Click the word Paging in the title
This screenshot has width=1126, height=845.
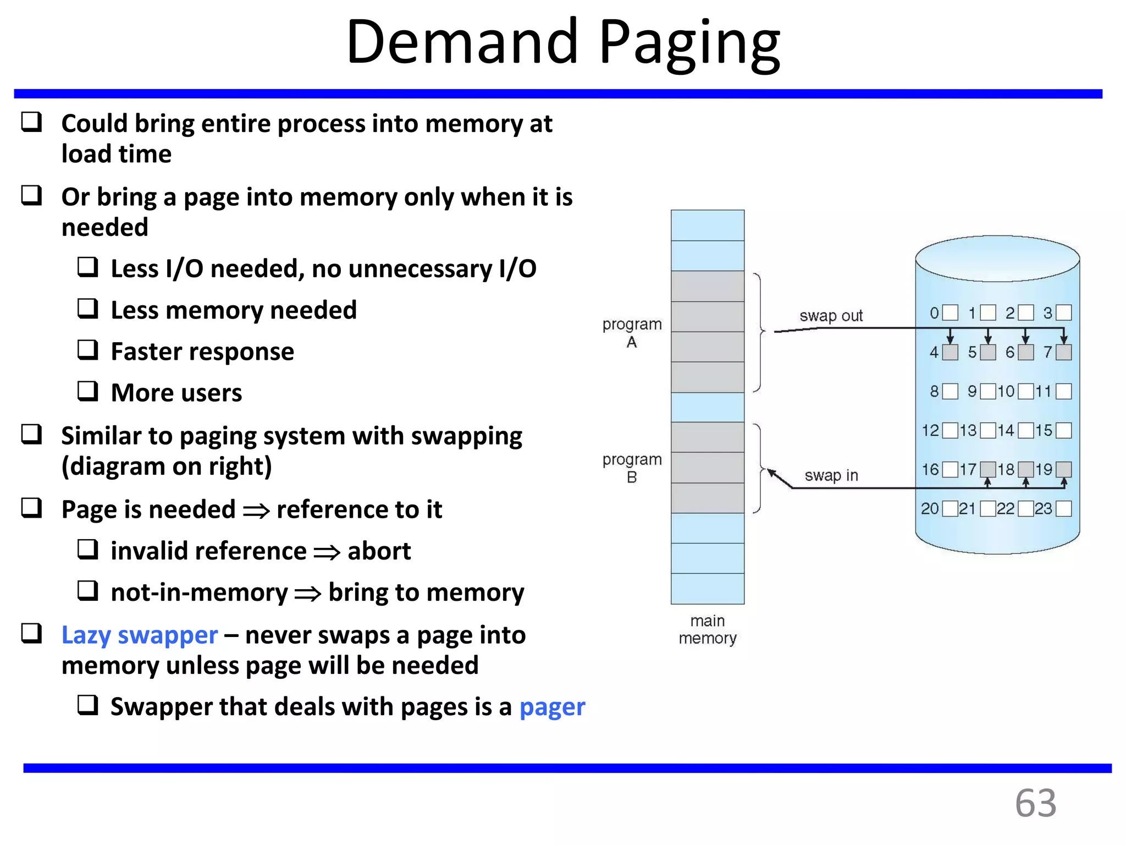(689, 44)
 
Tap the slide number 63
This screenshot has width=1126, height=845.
(1035, 803)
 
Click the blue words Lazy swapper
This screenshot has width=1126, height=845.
(140, 635)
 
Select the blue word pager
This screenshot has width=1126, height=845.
(552, 707)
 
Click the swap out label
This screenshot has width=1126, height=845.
(831, 316)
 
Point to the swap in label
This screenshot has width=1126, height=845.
(831, 475)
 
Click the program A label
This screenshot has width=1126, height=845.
(632, 333)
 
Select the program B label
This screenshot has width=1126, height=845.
(632, 468)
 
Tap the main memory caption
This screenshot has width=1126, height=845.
(707, 629)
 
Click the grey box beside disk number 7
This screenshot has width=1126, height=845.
(1064, 352)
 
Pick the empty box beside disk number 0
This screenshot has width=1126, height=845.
(950, 313)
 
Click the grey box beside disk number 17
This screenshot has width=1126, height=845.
(988, 469)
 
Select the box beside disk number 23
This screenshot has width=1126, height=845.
(1064, 509)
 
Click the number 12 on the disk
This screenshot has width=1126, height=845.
(930, 430)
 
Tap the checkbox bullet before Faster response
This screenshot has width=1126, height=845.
(88, 350)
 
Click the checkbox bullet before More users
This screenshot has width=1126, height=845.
(88, 391)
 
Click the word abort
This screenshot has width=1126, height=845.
(379, 551)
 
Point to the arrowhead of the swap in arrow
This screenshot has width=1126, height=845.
(771, 473)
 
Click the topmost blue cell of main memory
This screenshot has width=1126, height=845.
(707, 226)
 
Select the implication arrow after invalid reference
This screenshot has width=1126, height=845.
(327, 552)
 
